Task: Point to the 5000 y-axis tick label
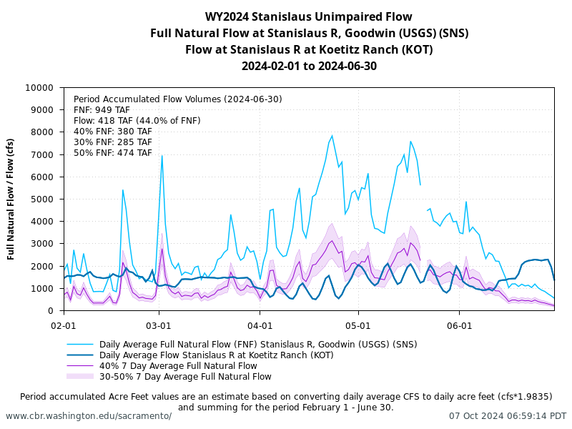[43, 199]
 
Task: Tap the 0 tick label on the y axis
[51, 311]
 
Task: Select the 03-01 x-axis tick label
[159, 324]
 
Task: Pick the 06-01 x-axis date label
[459, 324]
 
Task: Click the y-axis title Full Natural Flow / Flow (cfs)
[11, 199]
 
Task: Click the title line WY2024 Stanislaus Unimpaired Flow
[309, 16]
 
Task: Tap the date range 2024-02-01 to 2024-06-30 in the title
[309, 66]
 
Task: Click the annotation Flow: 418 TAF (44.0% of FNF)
[137, 121]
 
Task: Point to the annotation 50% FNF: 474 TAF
[113, 153]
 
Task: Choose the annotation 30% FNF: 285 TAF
[113, 142]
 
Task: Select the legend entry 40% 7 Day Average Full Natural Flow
[178, 365]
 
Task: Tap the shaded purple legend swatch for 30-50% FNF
[80, 376]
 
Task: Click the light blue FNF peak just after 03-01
[162, 155]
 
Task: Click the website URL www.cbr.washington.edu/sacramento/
[89, 415]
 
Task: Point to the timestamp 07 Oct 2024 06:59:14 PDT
[508, 415]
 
